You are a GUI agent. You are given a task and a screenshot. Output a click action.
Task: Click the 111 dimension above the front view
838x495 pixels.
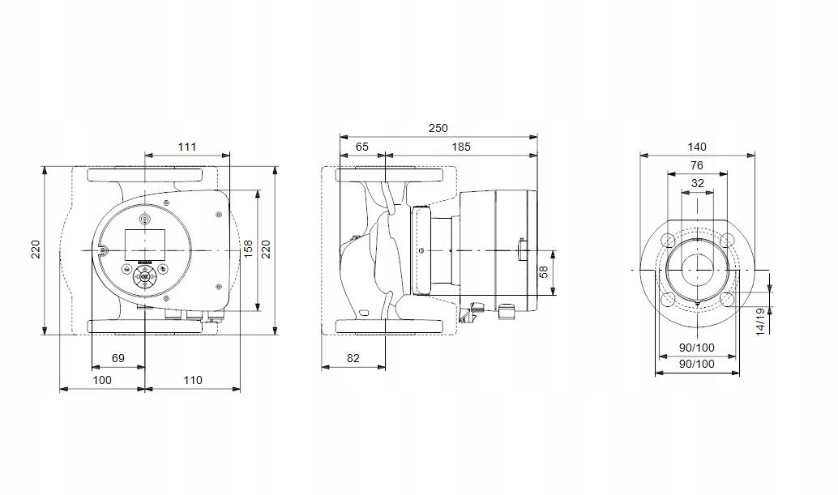(187, 147)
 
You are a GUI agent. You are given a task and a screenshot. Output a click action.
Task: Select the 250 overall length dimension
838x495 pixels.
(438, 128)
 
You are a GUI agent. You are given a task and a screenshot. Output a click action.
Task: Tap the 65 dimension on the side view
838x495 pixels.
(361, 147)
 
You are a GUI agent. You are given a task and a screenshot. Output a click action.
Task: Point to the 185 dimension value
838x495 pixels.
(460, 147)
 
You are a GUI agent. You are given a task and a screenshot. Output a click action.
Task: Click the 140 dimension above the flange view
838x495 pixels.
(697, 147)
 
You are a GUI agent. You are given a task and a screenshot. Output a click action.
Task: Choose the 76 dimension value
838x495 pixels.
(697, 165)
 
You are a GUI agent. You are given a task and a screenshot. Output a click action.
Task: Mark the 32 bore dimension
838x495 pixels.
(697, 183)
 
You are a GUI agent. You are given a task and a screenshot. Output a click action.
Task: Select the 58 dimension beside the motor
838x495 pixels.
(545, 271)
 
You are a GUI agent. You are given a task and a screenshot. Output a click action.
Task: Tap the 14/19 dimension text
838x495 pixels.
(759, 320)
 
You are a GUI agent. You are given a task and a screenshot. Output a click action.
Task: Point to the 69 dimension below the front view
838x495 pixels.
(118, 357)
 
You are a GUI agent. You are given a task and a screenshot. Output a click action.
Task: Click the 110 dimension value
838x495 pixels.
(192, 380)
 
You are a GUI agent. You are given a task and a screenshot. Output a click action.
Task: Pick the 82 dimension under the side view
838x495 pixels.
(353, 357)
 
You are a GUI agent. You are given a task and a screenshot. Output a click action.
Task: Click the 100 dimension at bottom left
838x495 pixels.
(101, 380)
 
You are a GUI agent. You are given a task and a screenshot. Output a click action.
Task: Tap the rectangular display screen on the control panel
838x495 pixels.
(144, 241)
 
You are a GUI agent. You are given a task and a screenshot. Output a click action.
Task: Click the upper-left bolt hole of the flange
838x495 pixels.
(668, 240)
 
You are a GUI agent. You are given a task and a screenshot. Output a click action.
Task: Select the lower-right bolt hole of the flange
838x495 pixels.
(727, 299)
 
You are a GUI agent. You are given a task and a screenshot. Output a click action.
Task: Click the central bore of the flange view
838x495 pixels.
(697, 269)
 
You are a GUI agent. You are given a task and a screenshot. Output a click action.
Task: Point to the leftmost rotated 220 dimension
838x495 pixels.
(36, 249)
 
